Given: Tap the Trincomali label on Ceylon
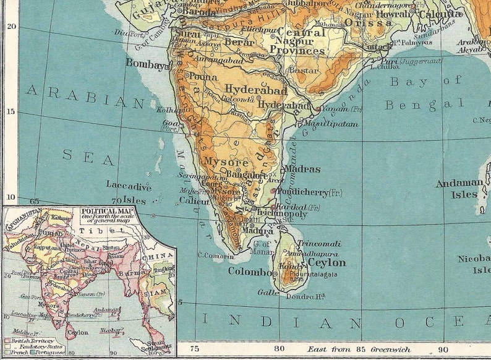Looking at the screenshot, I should (319, 244).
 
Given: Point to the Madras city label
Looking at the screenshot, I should (302, 169).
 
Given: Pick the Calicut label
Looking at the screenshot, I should (194, 200).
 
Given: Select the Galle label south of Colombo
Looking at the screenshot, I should (268, 292).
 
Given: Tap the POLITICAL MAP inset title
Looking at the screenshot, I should (98, 211).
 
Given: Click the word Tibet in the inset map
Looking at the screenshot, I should (93, 229).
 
